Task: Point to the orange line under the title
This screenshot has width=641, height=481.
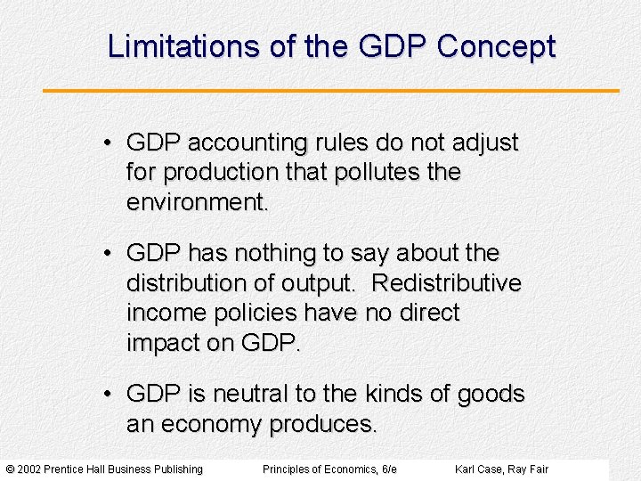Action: [330, 90]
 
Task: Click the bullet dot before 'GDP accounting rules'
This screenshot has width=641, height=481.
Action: [106, 143]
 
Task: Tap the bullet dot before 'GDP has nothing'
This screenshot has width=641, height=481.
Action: [106, 254]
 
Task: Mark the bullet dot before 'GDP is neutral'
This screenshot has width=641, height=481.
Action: [106, 394]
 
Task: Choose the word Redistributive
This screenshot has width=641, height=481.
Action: [446, 283]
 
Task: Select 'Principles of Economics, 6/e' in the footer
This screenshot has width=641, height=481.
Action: [329, 469]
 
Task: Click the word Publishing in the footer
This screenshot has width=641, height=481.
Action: [177, 469]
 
